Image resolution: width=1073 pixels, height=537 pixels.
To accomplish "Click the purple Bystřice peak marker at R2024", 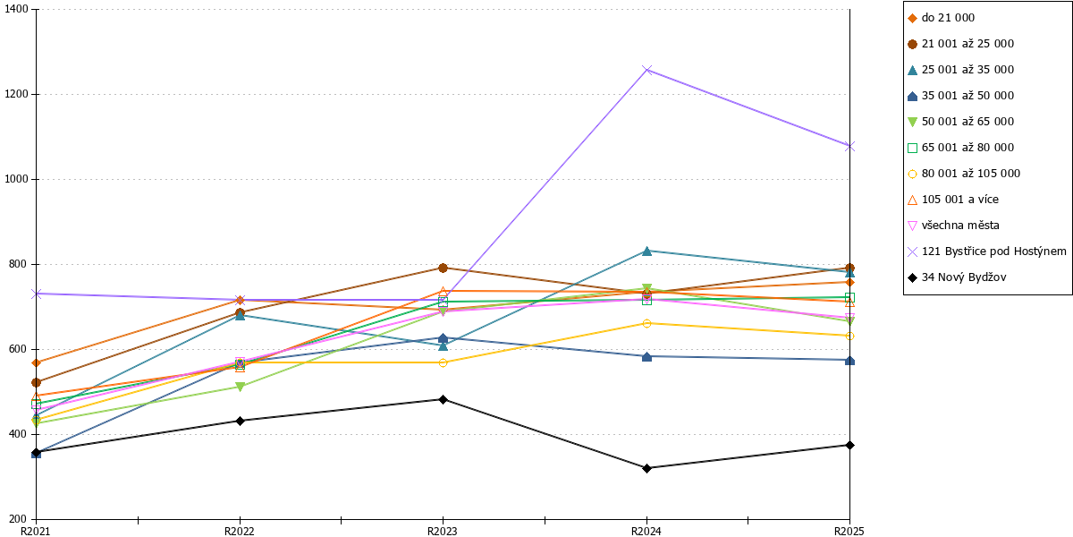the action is coord(646,70).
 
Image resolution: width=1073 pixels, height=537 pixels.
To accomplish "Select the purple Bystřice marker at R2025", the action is coord(849,146).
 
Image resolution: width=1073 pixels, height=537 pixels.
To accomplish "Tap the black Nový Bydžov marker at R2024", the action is coord(646,468).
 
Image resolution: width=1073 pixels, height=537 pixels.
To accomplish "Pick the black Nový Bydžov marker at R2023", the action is coord(444,399).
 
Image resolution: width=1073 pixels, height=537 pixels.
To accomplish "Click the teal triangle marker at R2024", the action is coord(646,251).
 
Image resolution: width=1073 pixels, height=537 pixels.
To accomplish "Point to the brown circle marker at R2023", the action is coord(444,268).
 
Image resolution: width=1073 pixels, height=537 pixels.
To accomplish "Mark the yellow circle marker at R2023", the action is coord(444,363).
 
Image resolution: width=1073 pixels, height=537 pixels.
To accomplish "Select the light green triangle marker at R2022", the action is coord(240,387).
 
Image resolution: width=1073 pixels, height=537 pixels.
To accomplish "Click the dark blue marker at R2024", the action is coord(646,356).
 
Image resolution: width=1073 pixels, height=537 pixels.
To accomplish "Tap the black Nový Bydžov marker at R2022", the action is coord(240,421).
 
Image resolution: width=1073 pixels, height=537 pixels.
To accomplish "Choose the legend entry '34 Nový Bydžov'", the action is coord(957,277).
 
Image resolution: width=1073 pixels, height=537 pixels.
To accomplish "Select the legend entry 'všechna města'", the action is coord(954,226).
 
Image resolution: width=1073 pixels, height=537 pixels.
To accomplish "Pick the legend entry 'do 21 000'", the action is coord(942,18).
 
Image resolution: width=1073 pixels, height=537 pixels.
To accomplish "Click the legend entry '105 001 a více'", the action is coord(953,200).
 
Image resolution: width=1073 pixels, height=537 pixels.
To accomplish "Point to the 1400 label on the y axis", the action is coord(16,9).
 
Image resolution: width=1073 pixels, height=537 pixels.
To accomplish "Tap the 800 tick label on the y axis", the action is coord(19,264).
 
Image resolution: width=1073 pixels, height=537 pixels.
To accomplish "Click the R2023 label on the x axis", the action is coord(442,531).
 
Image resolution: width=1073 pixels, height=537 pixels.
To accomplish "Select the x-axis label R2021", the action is coord(36,531).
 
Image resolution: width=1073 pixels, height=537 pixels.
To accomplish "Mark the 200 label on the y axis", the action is coord(19,519).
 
